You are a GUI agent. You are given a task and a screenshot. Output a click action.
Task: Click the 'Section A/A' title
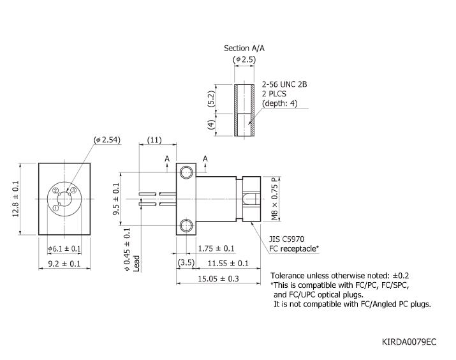(245, 48)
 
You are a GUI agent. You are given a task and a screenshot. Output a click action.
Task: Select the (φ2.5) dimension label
(244, 60)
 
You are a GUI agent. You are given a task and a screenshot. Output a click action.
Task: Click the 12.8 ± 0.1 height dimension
(16, 199)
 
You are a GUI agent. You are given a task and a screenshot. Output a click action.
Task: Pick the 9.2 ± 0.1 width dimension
(64, 264)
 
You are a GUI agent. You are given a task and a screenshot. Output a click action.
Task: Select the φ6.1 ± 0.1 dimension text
(64, 248)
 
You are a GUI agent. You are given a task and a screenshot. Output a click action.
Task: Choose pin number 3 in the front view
(73, 190)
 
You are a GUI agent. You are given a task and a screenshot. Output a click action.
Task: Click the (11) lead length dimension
(154, 140)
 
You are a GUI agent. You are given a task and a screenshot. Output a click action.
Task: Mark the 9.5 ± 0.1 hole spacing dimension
(116, 199)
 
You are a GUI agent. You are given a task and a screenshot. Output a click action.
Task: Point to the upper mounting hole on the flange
(186, 172)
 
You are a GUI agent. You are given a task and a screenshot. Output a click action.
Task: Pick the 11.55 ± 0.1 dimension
(230, 263)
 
